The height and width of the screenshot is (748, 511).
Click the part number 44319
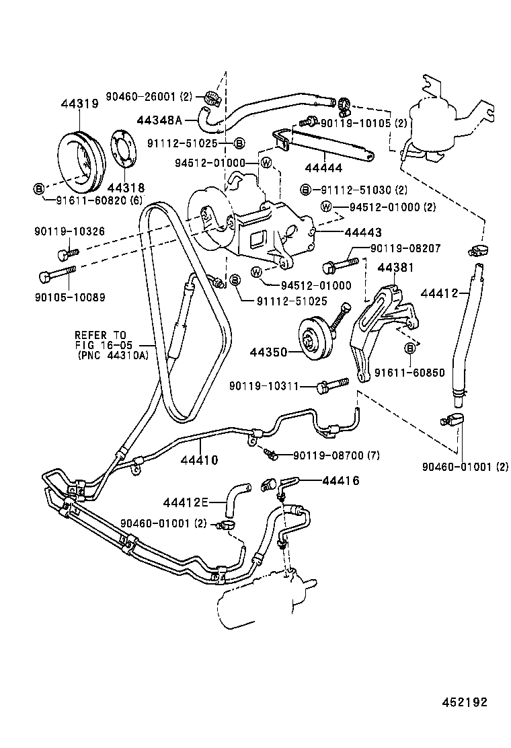pos(79,104)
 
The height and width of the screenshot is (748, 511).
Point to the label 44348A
pos(160,120)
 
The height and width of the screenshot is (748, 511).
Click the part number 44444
pos(323,168)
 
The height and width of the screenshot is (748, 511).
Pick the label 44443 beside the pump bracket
pos(363,232)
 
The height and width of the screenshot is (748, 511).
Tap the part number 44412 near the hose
pos(439,293)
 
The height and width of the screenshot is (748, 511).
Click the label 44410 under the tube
pos(199,460)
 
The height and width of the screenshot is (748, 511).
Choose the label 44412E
pos(186,502)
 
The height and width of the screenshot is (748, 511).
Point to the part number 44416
pos(341,480)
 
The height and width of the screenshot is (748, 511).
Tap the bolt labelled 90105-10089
pos(56,274)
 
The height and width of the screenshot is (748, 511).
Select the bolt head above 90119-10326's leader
pos(63,255)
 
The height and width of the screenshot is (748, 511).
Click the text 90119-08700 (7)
pos(336,455)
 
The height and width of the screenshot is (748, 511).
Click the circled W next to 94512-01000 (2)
pos(326,206)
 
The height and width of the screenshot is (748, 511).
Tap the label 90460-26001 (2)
pos(149,96)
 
